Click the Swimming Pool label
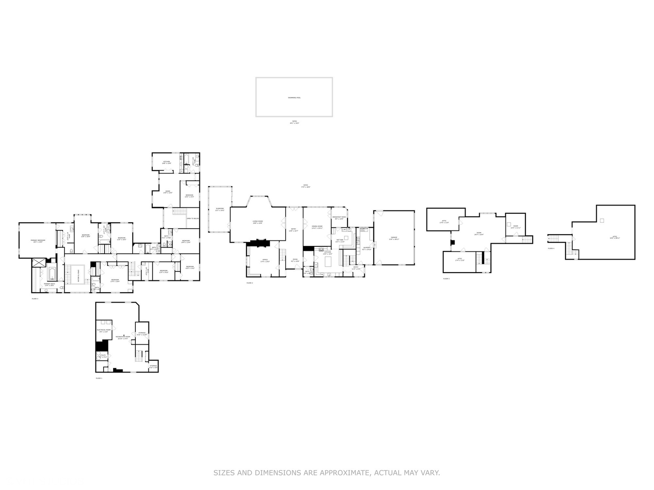tap(294, 98)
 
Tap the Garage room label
tap(394, 238)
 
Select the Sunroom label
tap(220, 209)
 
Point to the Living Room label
tap(258, 222)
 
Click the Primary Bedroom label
tap(38, 240)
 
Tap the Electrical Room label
tap(104, 330)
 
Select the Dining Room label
tap(317, 227)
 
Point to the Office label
tap(265, 260)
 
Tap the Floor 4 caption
tap(551, 249)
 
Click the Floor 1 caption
tap(99, 378)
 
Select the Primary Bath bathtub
tap(51, 274)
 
